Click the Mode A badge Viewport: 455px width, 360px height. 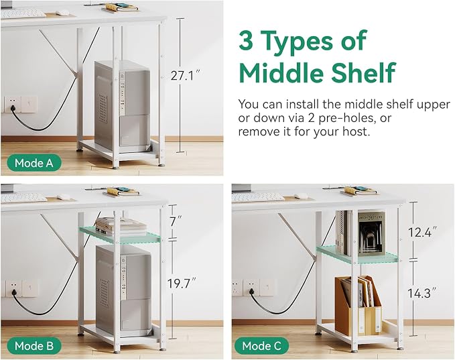tap(34, 163)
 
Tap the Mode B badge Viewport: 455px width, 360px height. tap(34, 346)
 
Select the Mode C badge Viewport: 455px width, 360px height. tap(261, 346)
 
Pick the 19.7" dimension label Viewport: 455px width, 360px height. tap(182, 284)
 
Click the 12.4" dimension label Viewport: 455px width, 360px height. tap(422, 232)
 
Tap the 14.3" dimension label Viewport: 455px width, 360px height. tap(422, 293)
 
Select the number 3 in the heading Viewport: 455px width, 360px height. tap(247, 41)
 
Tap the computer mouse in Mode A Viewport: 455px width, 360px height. tap(62, 13)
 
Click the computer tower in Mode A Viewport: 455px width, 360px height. tap(122, 107)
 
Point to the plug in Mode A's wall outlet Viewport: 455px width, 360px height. tap(13, 109)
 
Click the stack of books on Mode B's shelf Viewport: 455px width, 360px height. tap(121, 226)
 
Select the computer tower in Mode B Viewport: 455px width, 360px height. tap(123, 290)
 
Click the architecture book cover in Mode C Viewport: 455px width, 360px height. tap(371, 234)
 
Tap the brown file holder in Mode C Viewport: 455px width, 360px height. tap(358, 306)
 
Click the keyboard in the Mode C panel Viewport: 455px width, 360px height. tap(258, 196)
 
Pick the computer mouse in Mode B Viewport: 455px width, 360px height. tap(64, 196)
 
